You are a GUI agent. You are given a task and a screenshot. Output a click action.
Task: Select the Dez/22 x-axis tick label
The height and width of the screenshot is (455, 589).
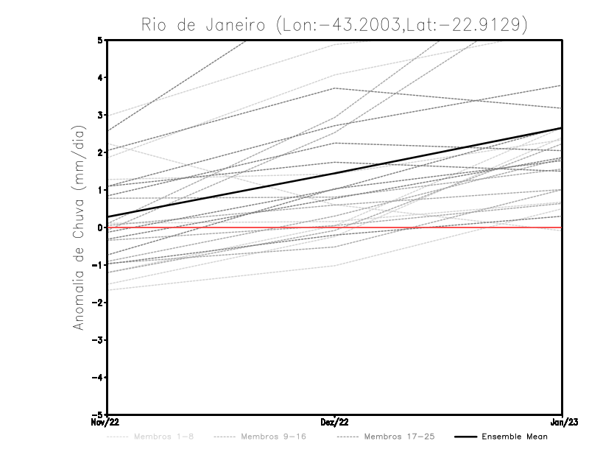tap(335, 422)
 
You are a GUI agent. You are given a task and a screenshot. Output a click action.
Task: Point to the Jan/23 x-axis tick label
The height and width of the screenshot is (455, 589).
tap(562, 422)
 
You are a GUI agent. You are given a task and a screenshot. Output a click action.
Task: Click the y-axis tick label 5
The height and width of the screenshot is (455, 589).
tap(99, 40)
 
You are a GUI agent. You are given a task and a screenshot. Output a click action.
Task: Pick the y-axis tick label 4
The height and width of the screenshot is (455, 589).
tap(99, 77)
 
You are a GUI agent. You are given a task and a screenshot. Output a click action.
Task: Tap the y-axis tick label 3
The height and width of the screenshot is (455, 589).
tap(99, 115)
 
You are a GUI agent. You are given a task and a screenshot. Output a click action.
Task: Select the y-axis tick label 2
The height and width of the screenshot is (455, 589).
tap(99, 152)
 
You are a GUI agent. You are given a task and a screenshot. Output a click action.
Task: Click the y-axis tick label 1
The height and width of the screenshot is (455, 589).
tap(99, 190)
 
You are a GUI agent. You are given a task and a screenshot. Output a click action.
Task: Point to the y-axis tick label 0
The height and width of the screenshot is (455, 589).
tap(99, 227)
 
